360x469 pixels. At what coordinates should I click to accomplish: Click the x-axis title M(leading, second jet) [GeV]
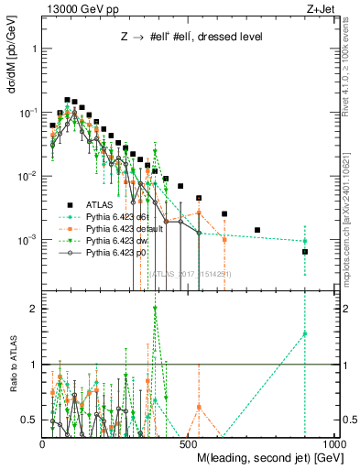pyautogui.click(x=266, y=455)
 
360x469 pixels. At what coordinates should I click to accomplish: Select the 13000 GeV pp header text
pyautogui.click(x=79, y=8)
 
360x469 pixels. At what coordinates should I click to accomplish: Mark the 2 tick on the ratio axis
pyautogui.click(x=33, y=309)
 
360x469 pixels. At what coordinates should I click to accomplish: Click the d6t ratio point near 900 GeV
pyautogui.click(x=305, y=333)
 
